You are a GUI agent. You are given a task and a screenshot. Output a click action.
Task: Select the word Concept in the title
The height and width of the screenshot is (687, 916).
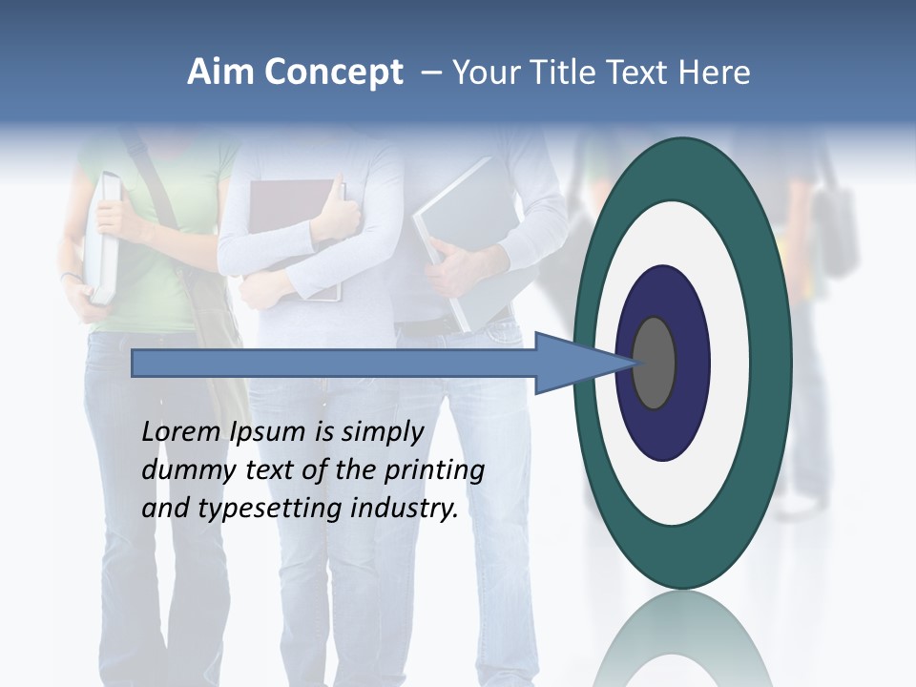pyautogui.click(x=333, y=73)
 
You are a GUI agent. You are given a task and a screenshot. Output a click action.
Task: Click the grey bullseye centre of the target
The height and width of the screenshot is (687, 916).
pyautogui.click(x=655, y=363)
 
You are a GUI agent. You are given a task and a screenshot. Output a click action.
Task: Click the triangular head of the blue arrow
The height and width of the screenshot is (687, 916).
pyautogui.click(x=572, y=364)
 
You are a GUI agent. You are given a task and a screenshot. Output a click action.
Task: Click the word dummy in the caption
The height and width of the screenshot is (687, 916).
pyautogui.click(x=179, y=470)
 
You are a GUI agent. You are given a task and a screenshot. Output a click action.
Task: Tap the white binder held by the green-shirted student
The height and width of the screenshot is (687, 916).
pyautogui.click(x=105, y=239)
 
